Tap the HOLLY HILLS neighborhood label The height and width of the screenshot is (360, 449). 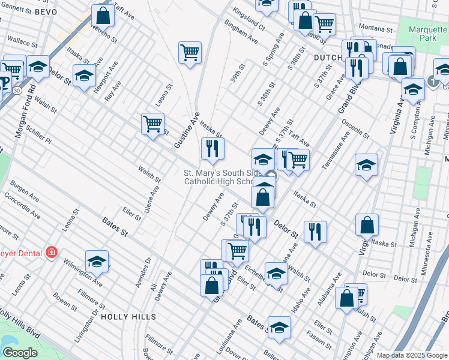tap(128, 316)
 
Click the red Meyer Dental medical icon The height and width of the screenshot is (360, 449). tap(52, 252)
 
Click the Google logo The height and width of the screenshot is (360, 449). tap(20, 353)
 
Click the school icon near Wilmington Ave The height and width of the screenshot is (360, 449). tap(97, 261)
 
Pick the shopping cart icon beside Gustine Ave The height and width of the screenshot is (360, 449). tap(152, 123)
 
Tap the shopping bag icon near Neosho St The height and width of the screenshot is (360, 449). tap(103, 16)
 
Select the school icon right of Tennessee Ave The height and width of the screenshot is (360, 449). tap(366, 164)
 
